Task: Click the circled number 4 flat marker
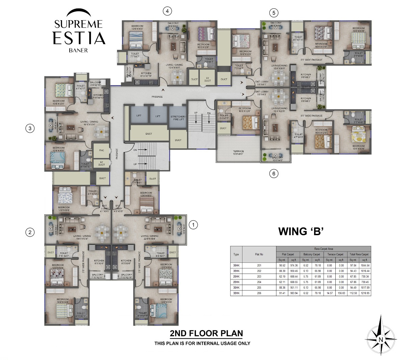coord(167,11)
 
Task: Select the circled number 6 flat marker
coord(274,174)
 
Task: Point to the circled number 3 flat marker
coord(30,128)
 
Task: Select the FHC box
coord(101,150)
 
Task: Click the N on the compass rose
coord(380,339)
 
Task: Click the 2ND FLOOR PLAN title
coord(206,333)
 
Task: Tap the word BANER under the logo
coord(78,50)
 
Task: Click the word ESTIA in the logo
coord(79,38)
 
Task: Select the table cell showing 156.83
coord(341,293)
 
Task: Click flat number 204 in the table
coord(259,282)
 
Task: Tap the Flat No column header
coord(259,254)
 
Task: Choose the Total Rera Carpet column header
coord(359,254)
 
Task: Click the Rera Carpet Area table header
coord(323,249)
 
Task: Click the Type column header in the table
coord(236,254)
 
